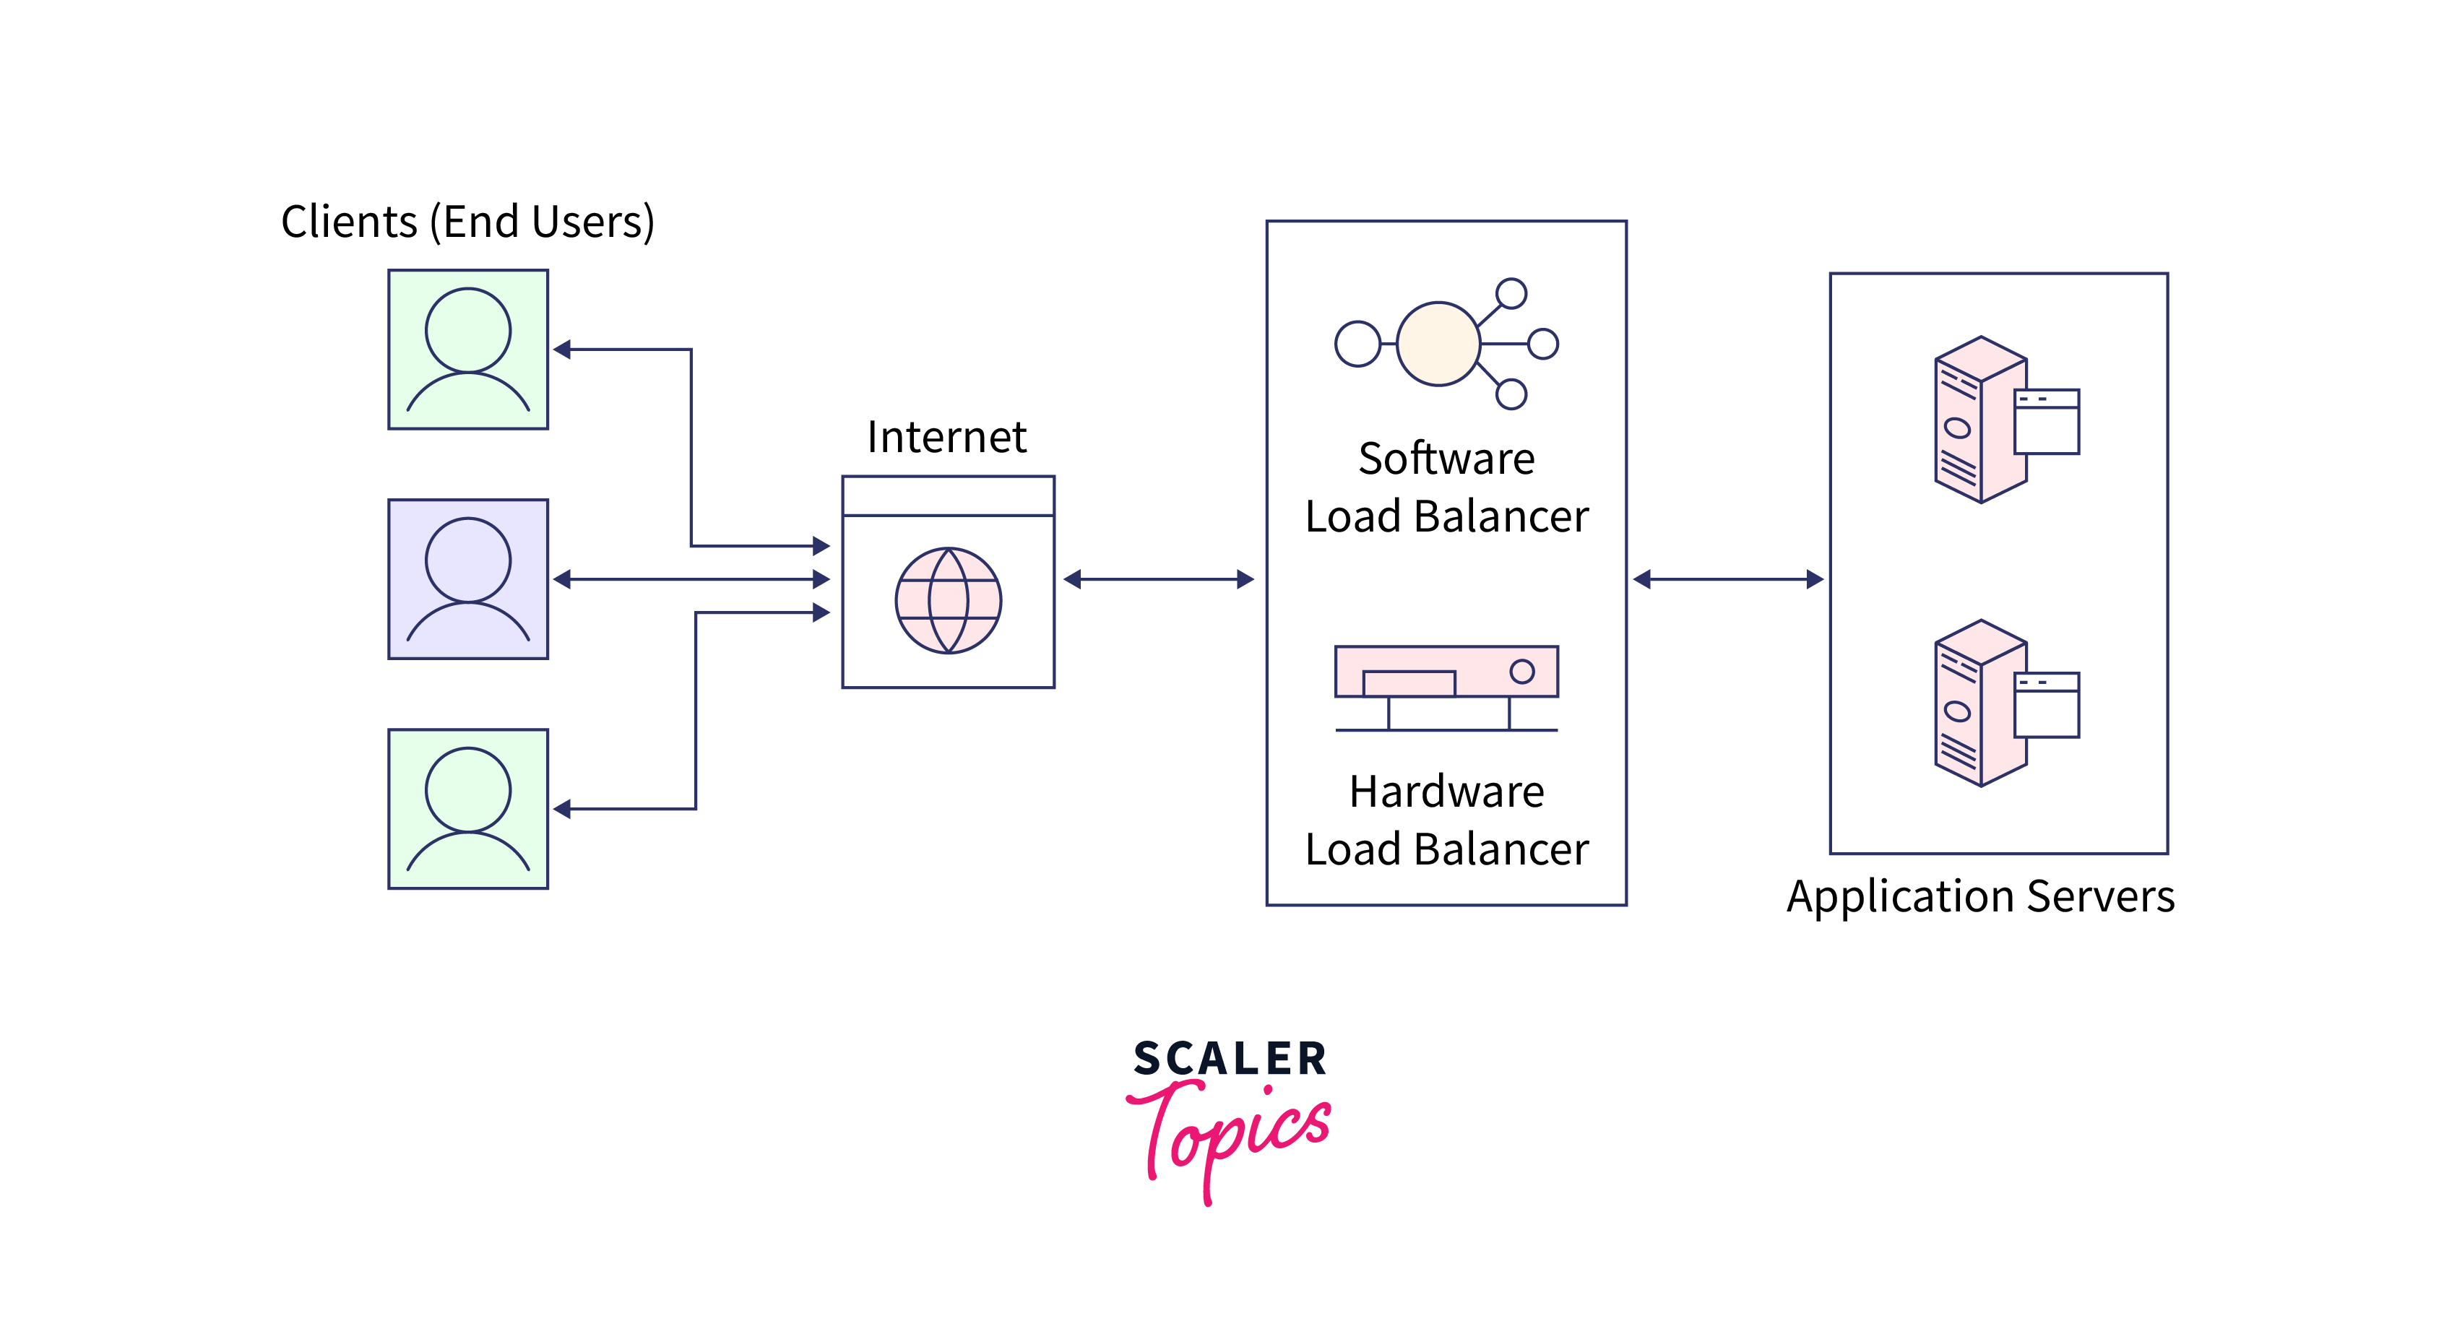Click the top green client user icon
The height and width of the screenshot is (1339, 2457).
467,349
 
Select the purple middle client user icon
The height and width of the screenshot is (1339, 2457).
467,579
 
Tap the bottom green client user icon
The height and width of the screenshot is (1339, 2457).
467,809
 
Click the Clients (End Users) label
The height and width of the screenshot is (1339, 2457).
467,221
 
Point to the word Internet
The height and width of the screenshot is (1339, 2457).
946,437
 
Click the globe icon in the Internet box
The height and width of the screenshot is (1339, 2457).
948,600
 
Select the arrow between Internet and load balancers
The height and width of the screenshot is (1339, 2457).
1159,579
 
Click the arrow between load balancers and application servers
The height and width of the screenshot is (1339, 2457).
1727,579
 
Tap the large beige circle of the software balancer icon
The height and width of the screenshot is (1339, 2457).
1438,343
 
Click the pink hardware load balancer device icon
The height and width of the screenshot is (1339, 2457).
1446,672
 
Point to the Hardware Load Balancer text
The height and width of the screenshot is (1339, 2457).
1447,820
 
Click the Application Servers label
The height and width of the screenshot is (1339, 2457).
1980,896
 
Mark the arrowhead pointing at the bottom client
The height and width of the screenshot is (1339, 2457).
563,809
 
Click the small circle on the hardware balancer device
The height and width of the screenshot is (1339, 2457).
1522,672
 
